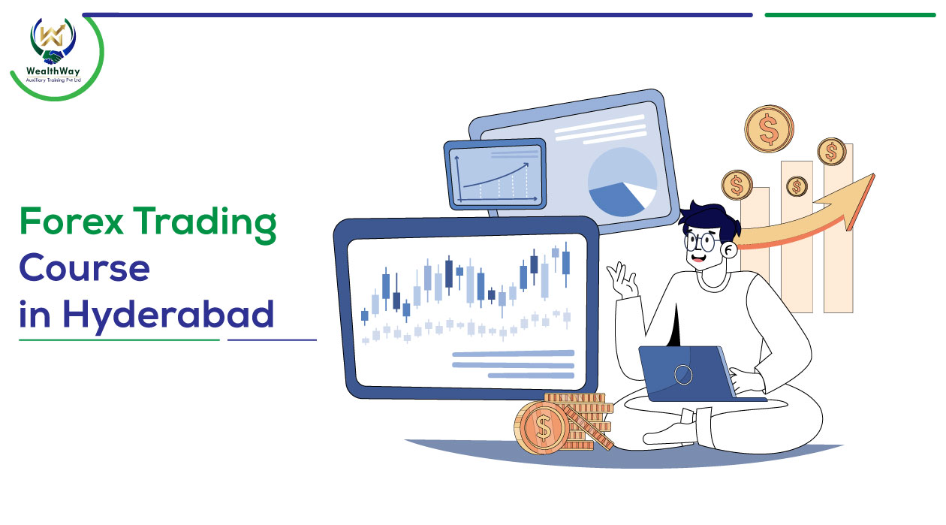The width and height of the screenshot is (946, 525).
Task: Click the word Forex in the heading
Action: tap(71, 221)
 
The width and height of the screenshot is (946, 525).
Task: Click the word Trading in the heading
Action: tap(205, 225)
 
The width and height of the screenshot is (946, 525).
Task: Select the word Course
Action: tap(84, 267)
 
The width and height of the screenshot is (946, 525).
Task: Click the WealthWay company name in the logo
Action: tap(53, 71)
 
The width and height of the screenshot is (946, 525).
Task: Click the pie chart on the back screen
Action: tap(622, 182)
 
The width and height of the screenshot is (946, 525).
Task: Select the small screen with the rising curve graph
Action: tap(495, 174)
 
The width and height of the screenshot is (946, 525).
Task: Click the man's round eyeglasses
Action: tap(701, 242)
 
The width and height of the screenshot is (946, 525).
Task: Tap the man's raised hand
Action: tap(622, 280)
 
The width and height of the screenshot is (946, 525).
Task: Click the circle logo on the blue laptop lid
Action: tap(683, 375)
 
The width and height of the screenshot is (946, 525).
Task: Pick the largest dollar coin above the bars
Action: tap(769, 129)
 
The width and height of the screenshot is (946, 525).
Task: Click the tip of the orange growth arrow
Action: tap(873, 174)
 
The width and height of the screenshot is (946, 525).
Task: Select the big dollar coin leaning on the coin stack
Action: tap(542, 427)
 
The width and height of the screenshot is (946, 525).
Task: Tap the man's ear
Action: tap(729, 250)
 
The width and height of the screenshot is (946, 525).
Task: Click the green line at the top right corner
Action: tap(850, 15)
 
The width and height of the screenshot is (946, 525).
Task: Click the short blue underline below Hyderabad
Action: tap(272, 339)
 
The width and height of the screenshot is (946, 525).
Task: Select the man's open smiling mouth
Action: tap(697, 257)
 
